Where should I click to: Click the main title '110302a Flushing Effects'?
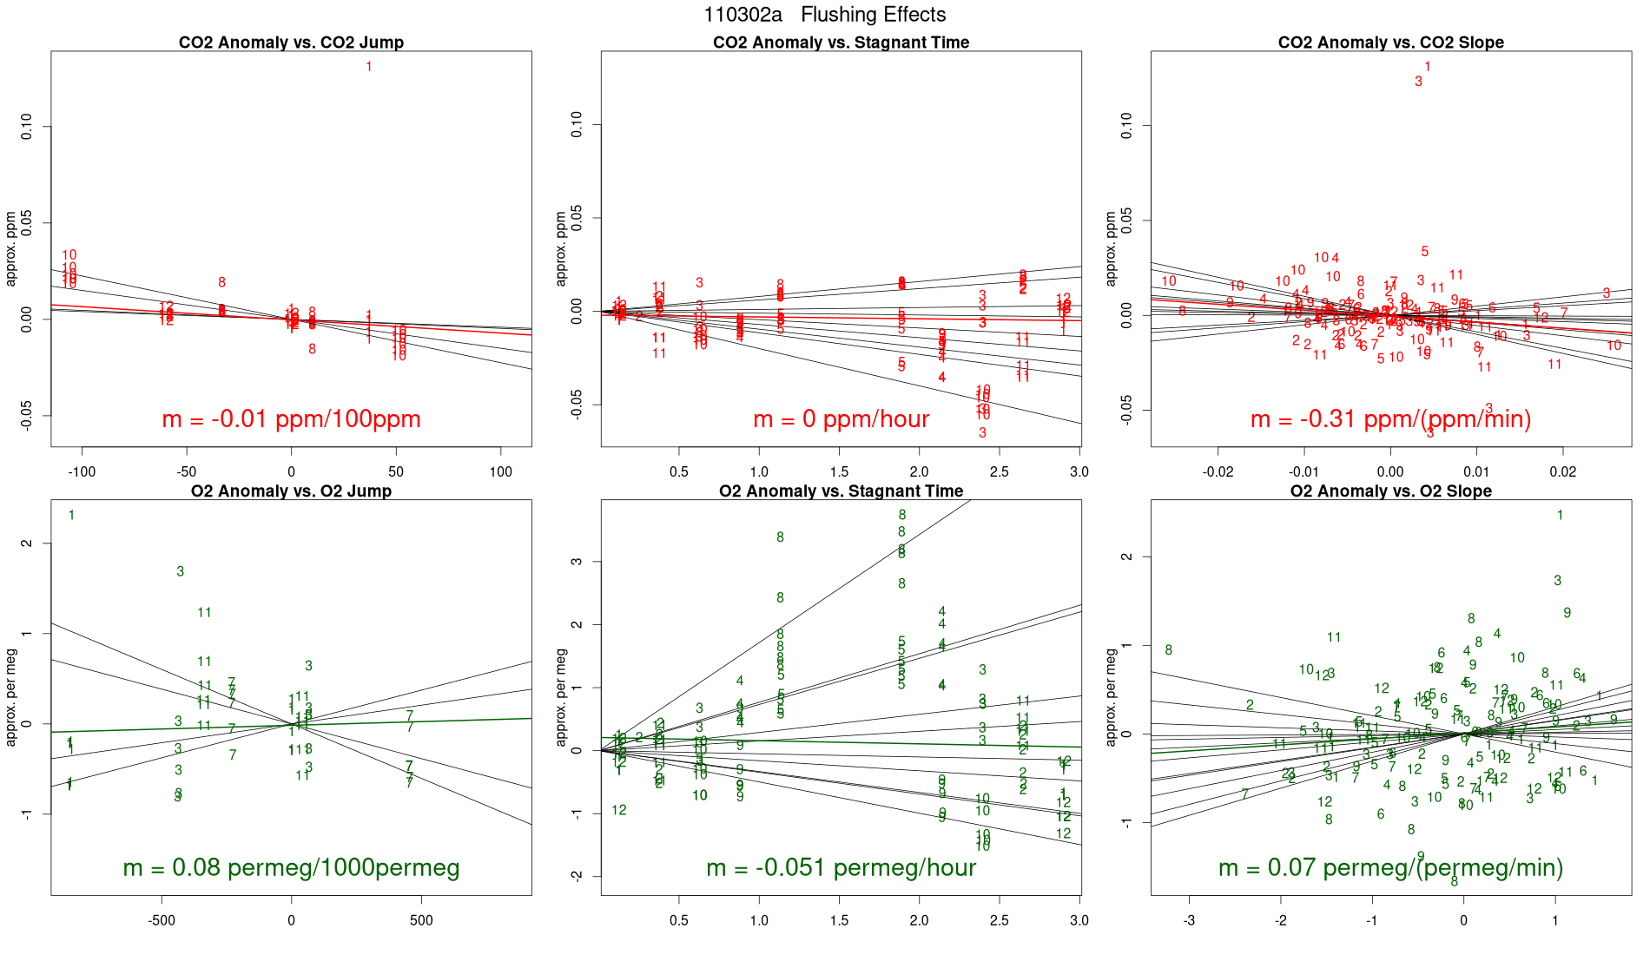pyautogui.click(x=824, y=15)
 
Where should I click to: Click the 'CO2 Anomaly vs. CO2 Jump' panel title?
pyautogui.click(x=291, y=43)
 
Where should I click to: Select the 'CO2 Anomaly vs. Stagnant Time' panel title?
pyautogui.click(x=841, y=43)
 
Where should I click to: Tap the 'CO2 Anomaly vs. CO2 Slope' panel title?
pyautogui.click(x=1390, y=43)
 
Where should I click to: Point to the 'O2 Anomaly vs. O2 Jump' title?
pyautogui.click(x=291, y=491)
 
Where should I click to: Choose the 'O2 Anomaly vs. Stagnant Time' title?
pyautogui.click(x=841, y=491)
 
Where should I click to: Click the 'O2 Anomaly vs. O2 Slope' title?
pyautogui.click(x=1390, y=491)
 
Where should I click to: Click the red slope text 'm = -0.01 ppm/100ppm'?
pyautogui.click(x=291, y=419)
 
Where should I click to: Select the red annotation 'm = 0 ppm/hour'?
pyautogui.click(x=841, y=419)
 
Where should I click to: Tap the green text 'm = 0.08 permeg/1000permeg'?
pyautogui.click(x=291, y=867)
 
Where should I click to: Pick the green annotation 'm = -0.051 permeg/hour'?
pyautogui.click(x=841, y=867)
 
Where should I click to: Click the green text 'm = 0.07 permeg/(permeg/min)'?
pyautogui.click(x=1390, y=867)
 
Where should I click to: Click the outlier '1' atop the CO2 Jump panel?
pyautogui.click(x=369, y=67)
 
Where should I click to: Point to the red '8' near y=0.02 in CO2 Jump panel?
pyautogui.click(x=222, y=282)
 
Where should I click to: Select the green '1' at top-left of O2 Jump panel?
pyautogui.click(x=71, y=516)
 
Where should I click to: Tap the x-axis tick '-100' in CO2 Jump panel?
pyautogui.click(x=82, y=471)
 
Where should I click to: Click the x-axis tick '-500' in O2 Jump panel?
pyautogui.click(x=162, y=920)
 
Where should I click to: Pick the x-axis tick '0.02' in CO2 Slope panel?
pyautogui.click(x=1562, y=471)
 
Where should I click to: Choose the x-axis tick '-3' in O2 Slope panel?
pyautogui.click(x=1189, y=920)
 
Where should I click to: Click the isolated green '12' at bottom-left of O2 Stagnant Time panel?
pyautogui.click(x=619, y=810)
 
